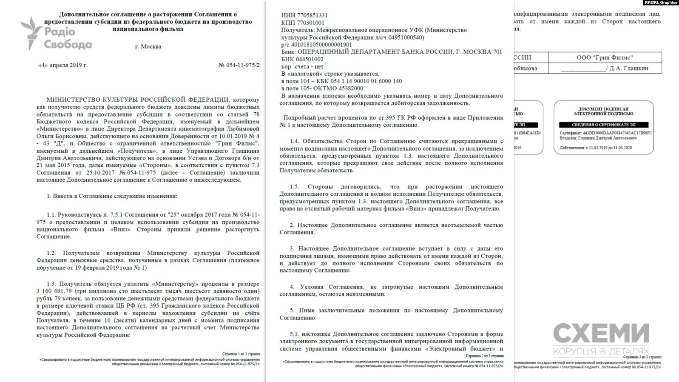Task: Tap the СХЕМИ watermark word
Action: [x=601, y=334]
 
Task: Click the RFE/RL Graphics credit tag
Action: [x=661, y=3]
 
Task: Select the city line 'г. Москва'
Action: [x=148, y=46]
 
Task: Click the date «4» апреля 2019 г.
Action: [x=63, y=65]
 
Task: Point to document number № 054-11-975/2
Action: [x=239, y=65]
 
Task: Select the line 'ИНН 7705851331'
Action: [x=304, y=15]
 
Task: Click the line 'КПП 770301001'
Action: [x=302, y=23]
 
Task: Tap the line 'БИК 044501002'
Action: [x=302, y=59]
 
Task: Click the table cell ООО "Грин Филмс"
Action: [x=605, y=57]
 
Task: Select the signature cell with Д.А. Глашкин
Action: [x=605, y=68]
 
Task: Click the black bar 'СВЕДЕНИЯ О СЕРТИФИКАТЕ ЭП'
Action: [x=603, y=125]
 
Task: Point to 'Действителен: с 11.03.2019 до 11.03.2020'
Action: [x=595, y=148]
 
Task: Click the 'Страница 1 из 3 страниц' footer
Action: [x=241, y=354]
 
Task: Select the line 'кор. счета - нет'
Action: [x=302, y=66]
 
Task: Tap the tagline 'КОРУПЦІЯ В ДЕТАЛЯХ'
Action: [x=601, y=351]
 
